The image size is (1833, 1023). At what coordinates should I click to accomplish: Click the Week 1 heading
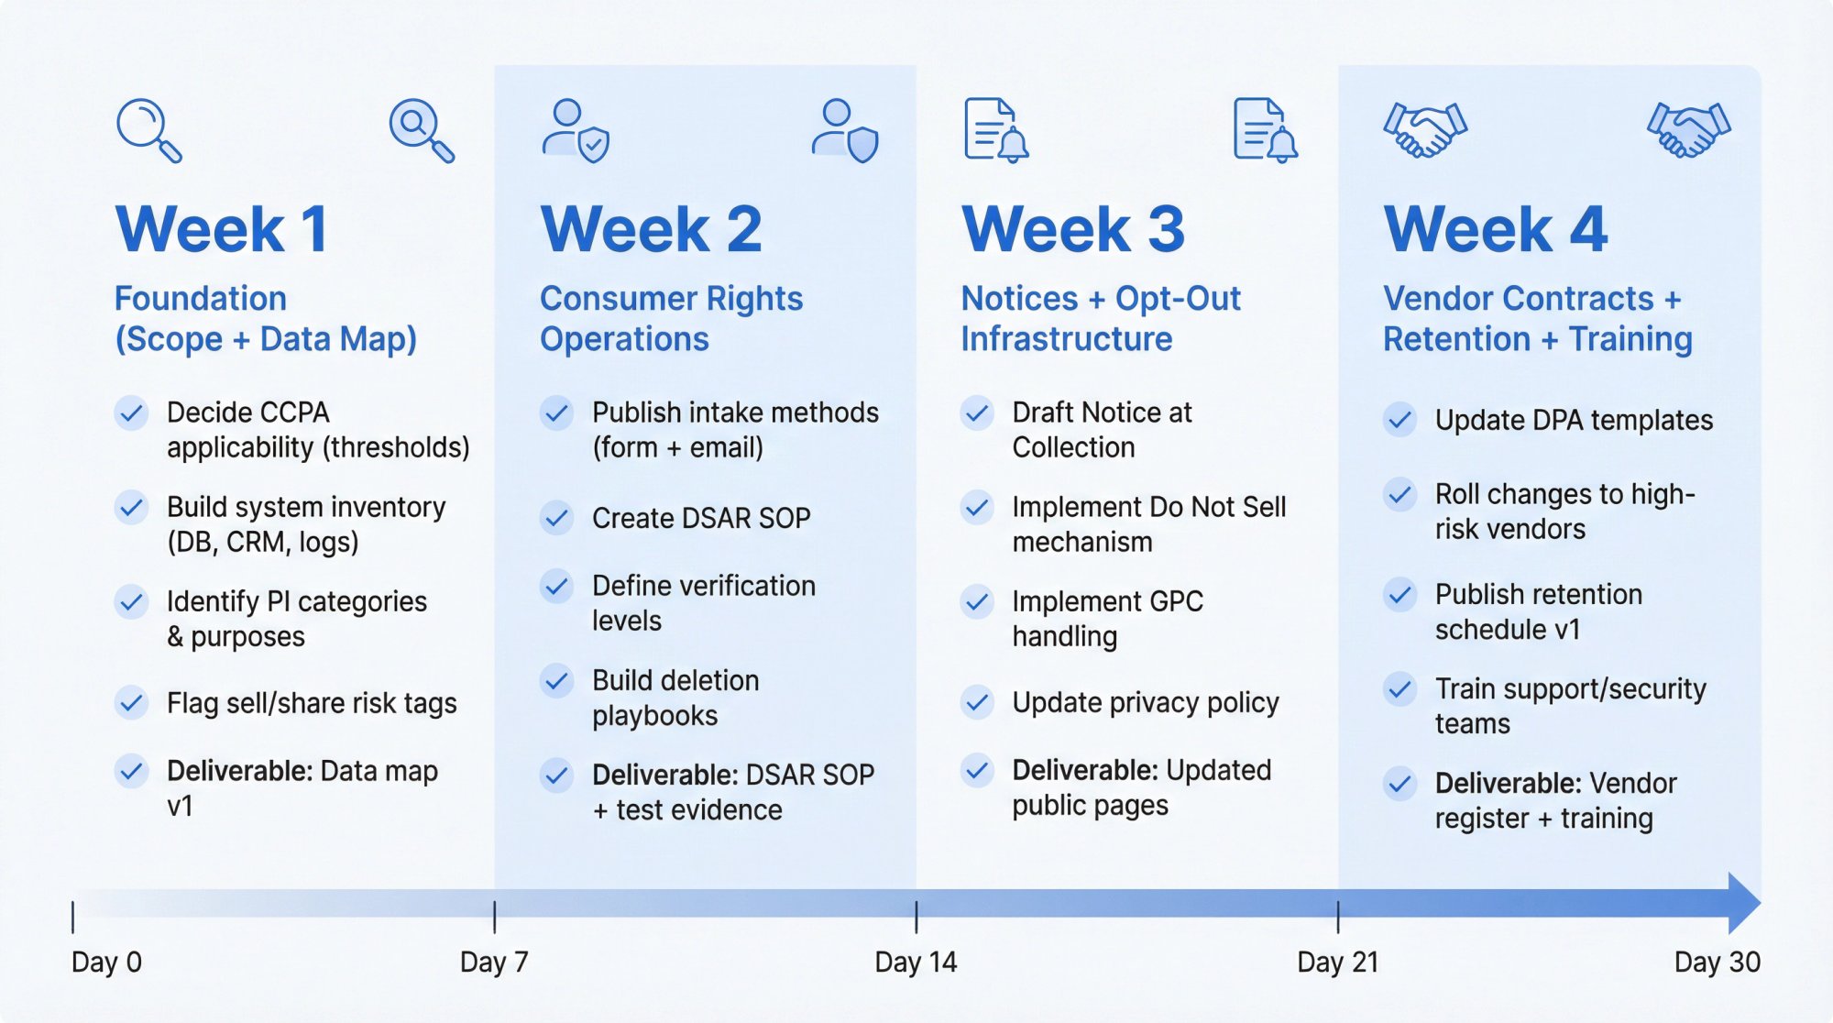point(222,229)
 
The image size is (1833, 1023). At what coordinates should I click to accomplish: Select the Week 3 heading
point(1073,229)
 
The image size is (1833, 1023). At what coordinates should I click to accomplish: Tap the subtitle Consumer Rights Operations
point(671,318)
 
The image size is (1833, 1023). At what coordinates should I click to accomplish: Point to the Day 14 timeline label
point(916,962)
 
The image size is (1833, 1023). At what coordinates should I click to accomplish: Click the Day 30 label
point(1717,962)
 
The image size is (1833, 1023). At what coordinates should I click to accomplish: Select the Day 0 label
point(106,962)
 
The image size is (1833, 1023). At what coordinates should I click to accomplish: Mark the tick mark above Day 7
point(495,916)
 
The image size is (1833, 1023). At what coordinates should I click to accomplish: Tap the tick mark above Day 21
point(1338,916)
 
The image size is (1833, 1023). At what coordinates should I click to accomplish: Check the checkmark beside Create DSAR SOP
point(556,518)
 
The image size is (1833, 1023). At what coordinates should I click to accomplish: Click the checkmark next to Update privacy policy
point(978,702)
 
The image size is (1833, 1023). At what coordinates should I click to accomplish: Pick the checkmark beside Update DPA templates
point(1399,420)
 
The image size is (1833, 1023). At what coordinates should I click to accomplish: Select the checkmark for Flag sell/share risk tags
point(132,703)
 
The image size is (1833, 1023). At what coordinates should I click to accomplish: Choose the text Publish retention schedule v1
point(1538,611)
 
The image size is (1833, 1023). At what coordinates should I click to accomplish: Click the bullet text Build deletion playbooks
point(675,698)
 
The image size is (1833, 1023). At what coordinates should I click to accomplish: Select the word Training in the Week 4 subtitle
point(1630,339)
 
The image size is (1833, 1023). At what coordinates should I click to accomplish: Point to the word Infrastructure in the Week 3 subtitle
point(1067,339)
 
